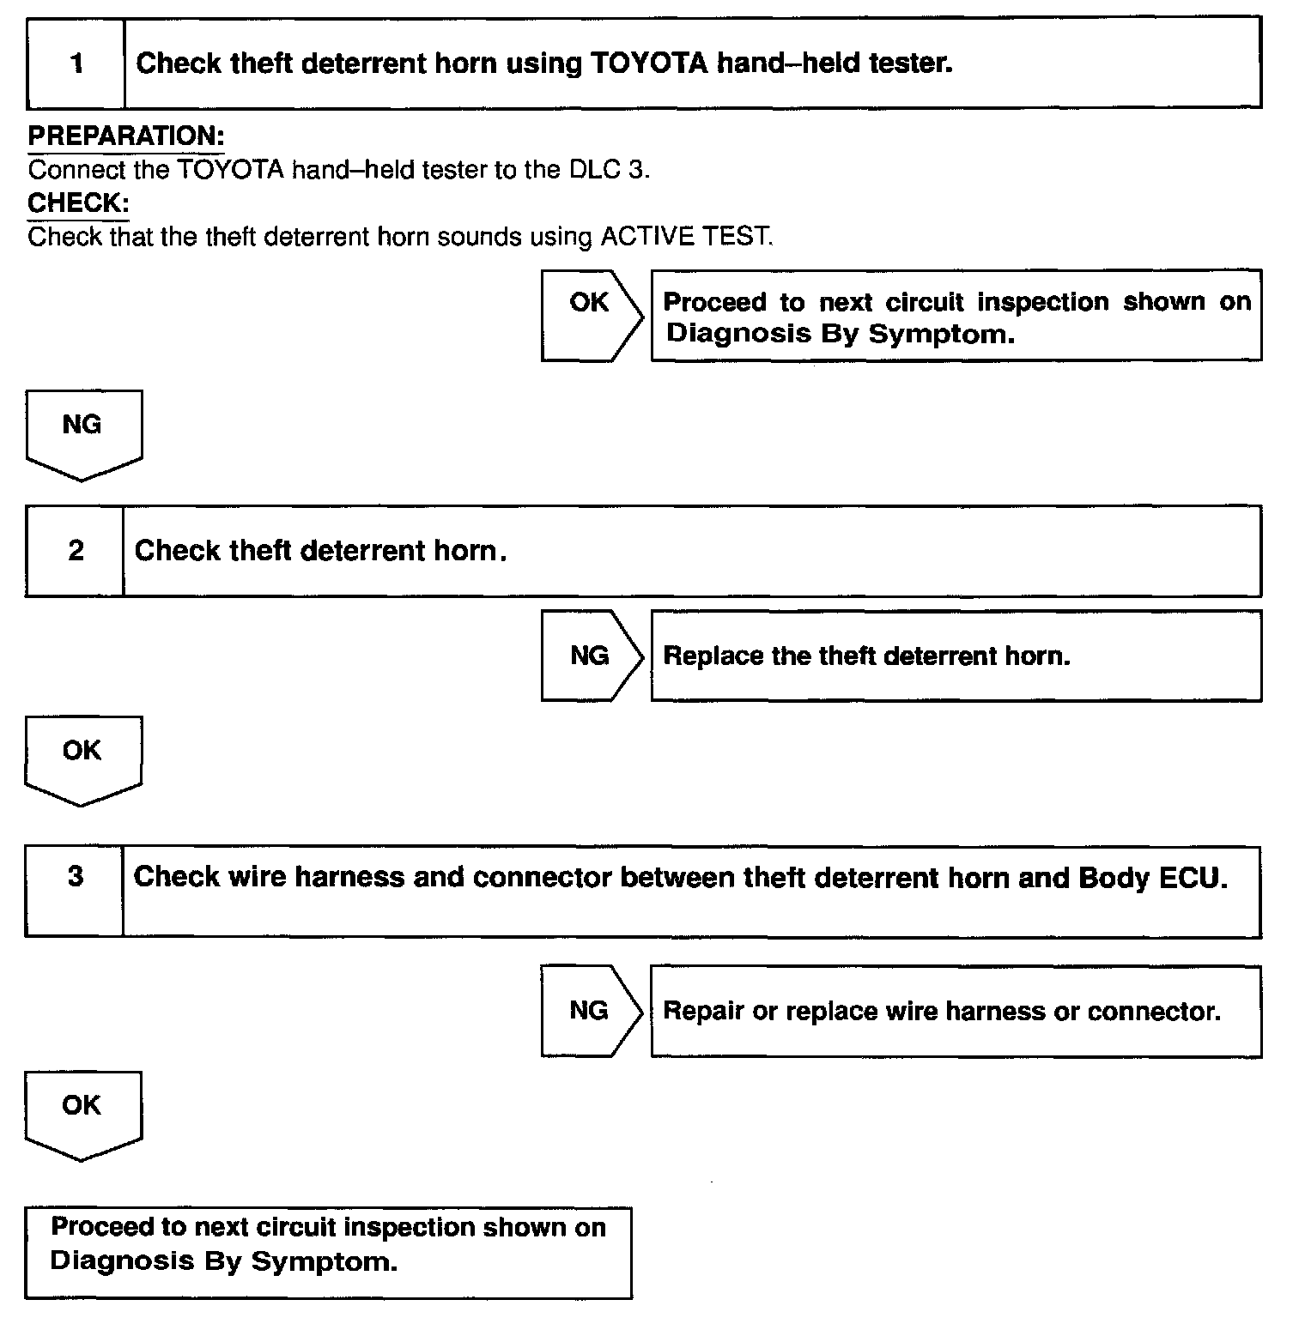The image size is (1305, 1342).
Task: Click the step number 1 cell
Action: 76,63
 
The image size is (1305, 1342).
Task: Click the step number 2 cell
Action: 76,551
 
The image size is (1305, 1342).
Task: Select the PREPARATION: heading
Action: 126,136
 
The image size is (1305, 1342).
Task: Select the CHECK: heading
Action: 78,203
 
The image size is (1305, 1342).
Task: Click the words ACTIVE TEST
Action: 685,236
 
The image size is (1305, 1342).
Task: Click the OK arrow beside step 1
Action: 591,314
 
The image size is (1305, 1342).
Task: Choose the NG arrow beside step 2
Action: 591,656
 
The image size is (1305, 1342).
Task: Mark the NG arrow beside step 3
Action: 591,1011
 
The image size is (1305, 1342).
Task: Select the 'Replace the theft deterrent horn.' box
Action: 956,656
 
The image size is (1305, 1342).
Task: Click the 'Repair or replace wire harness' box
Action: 956,1012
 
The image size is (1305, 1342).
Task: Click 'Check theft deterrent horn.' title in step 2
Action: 320,551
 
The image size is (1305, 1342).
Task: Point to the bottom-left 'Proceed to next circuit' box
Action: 328,1253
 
